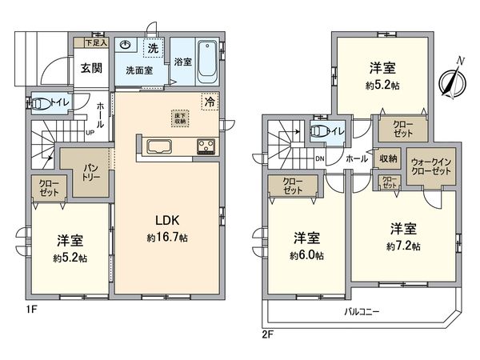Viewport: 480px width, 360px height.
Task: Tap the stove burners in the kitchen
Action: (x=206, y=146)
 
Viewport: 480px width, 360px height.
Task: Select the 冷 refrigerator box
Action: (x=209, y=102)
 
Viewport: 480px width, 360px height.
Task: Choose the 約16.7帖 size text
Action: (x=166, y=238)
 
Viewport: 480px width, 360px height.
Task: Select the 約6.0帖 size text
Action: (x=307, y=255)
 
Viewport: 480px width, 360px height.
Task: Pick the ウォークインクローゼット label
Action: (x=428, y=166)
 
